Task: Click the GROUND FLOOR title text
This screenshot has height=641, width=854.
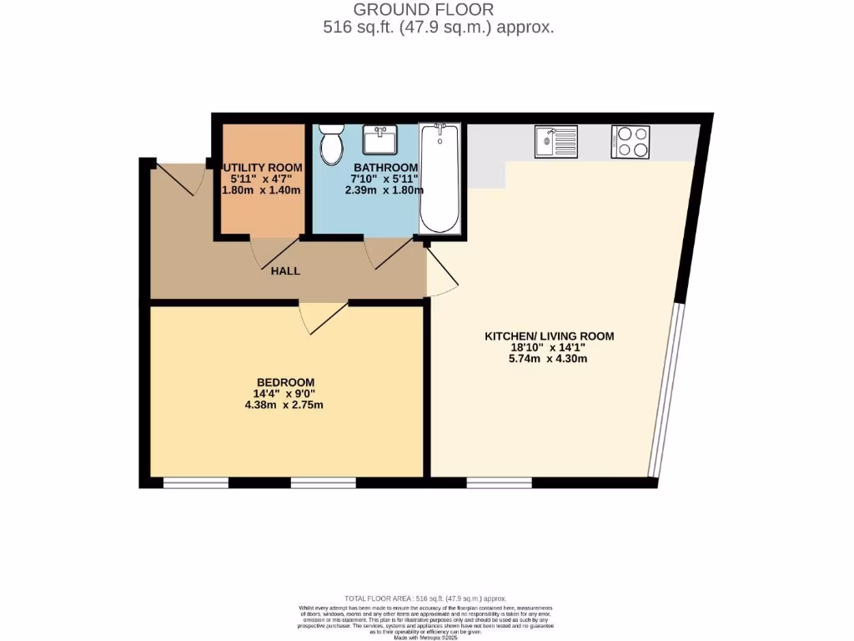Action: click(x=424, y=10)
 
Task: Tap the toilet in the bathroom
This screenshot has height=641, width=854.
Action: click(x=331, y=144)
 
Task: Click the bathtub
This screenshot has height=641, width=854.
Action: click(x=439, y=177)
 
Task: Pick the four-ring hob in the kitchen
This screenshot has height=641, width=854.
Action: click(x=630, y=141)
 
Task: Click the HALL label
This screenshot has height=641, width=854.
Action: click(x=285, y=271)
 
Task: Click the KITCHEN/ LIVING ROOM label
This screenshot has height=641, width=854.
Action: click(x=550, y=336)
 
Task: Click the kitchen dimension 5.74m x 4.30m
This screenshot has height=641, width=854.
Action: click(x=550, y=360)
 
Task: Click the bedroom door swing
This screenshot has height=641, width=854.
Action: click(x=321, y=317)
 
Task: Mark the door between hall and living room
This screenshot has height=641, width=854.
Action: click(x=440, y=272)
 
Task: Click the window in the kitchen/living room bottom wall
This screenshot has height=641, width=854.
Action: click(x=499, y=482)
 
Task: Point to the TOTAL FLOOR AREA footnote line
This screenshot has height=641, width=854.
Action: click(x=425, y=598)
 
